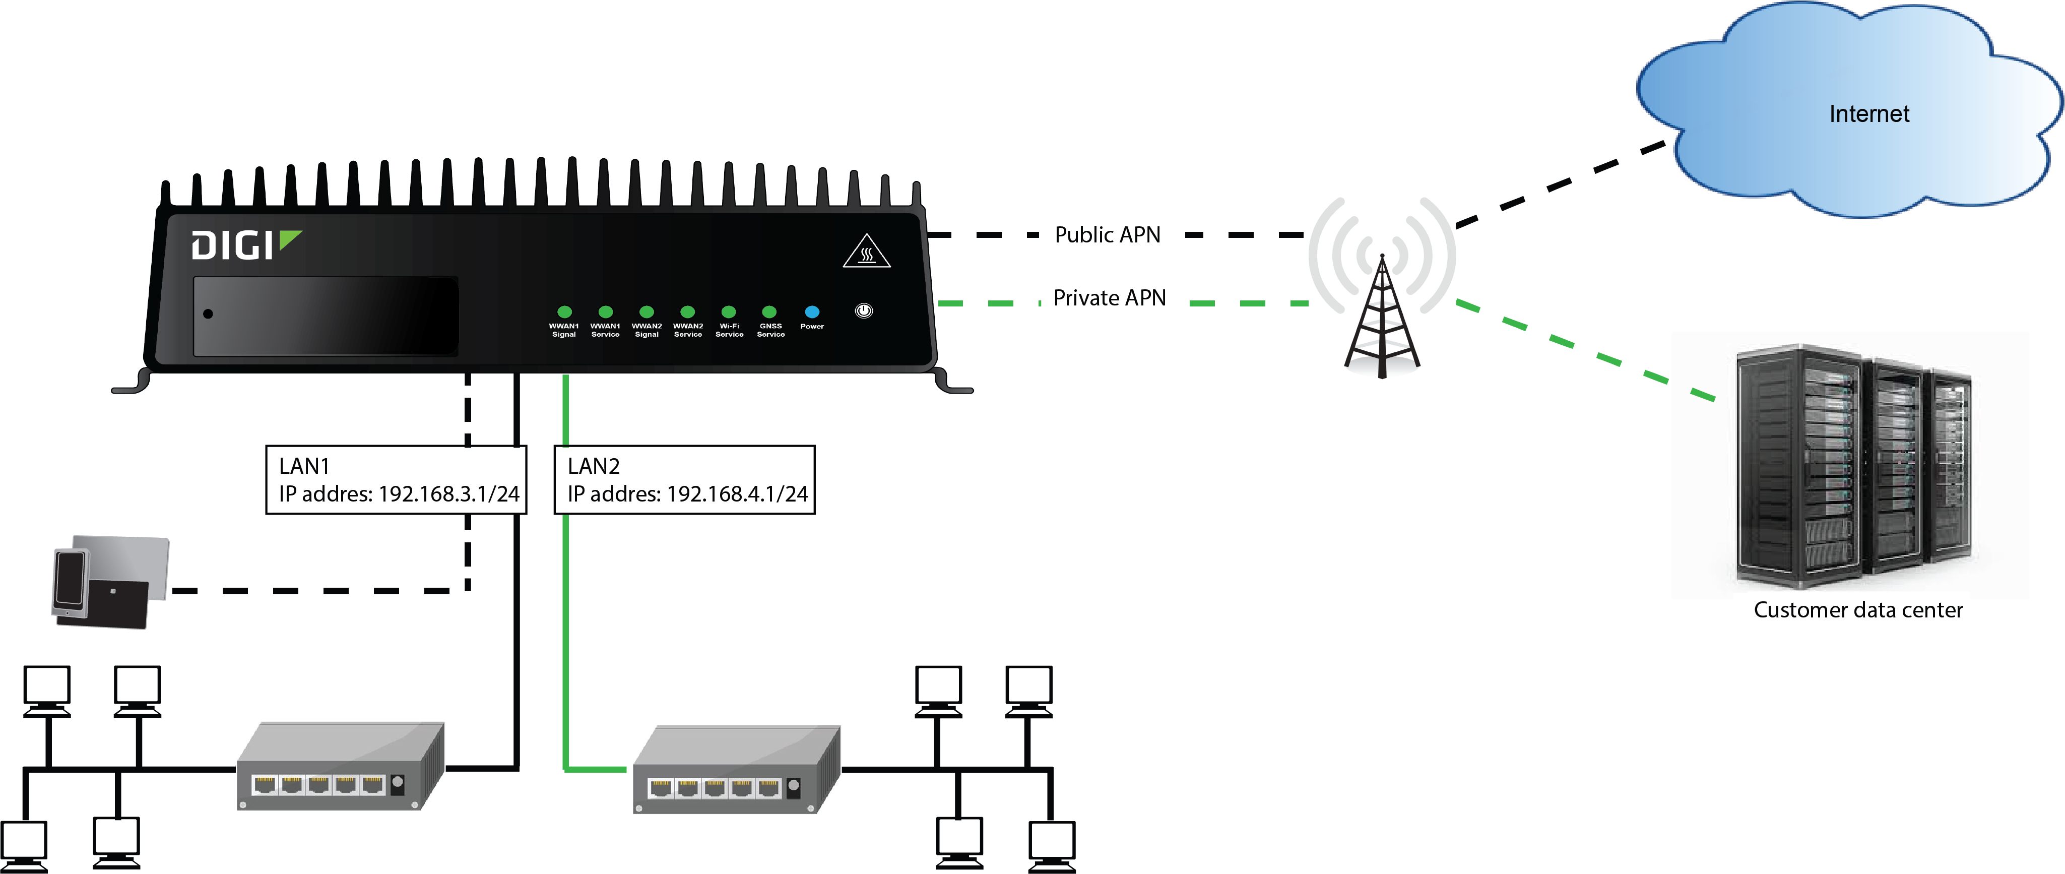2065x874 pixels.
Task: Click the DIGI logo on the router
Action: coord(244,245)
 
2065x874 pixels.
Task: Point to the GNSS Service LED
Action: coord(769,312)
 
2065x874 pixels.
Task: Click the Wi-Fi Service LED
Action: coord(729,312)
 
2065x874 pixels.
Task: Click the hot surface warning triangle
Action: coord(867,253)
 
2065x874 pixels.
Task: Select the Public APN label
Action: coord(1107,235)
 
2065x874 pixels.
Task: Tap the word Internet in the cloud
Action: coord(1868,114)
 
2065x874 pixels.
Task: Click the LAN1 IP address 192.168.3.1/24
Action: coord(448,494)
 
